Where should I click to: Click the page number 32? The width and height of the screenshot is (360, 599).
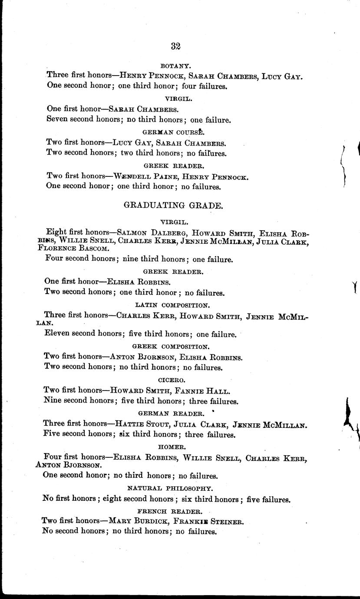[176, 46]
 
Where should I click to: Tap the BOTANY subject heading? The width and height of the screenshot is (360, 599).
[175, 66]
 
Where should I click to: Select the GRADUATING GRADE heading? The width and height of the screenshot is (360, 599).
[174, 205]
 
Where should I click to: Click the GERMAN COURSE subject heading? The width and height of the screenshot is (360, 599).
[173, 132]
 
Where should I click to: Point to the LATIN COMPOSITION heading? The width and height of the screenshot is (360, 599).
[172, 305]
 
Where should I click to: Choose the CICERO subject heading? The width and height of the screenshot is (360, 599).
[172, 380]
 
